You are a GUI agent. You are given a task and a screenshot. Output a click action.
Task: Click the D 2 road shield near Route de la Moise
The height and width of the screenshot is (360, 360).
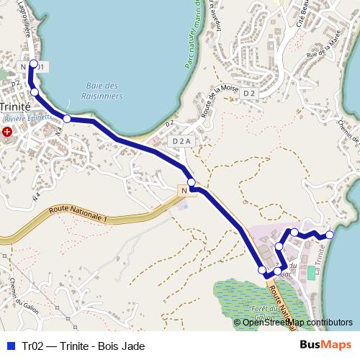(249, 94)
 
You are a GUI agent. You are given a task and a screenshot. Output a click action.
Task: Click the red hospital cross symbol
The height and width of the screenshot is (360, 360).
(7, 132)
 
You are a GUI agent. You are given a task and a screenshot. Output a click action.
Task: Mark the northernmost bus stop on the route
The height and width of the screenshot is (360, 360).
(33, 64)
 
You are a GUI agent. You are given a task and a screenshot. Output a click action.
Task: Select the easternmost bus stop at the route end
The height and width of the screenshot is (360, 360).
(330, 235)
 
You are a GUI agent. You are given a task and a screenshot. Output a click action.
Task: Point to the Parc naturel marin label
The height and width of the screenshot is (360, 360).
(194, 36)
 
